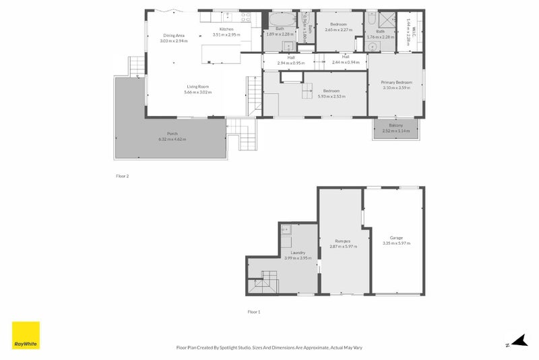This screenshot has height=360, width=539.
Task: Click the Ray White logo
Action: coord(26,335)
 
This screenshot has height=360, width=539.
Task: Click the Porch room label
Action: coord(172,134)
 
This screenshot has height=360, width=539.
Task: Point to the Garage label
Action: coord(396,238)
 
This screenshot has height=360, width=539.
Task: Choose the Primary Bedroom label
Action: coord(395,82)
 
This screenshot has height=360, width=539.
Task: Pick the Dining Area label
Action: coord(174,35)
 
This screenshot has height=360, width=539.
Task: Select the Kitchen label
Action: coord(226,29)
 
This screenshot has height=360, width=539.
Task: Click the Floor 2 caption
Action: coord(122,175)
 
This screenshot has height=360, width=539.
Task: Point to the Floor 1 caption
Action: coord(253,311)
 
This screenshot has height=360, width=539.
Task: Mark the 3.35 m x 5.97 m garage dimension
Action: coord(396,243)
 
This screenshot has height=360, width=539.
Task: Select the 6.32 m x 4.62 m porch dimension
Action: coord(172,140)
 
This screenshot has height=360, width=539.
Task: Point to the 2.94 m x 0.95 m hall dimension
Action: coord(291,62)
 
